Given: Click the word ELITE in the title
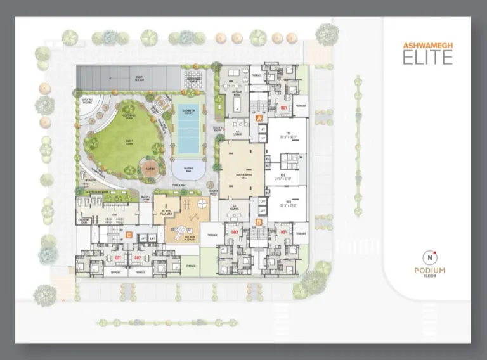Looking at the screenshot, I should [428, 58].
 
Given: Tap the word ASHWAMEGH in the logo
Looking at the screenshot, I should [428, 45].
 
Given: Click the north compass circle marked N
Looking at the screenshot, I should [431, 257].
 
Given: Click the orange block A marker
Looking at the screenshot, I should [259, 118].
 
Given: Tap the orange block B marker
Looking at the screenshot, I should [259, 222].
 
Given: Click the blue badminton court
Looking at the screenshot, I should [189, 131].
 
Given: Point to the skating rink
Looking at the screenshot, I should [189, 170].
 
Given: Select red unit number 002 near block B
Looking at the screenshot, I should [234, 232].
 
